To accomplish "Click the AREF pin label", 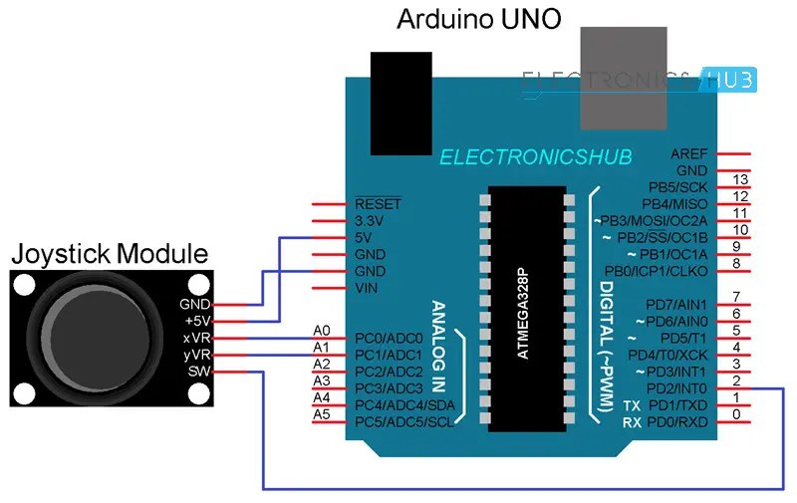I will point(690,154).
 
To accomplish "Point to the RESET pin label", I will point(378,203).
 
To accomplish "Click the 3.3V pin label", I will point(371,220).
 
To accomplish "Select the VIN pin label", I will point(367,288).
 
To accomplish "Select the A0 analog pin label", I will point(321,330).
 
